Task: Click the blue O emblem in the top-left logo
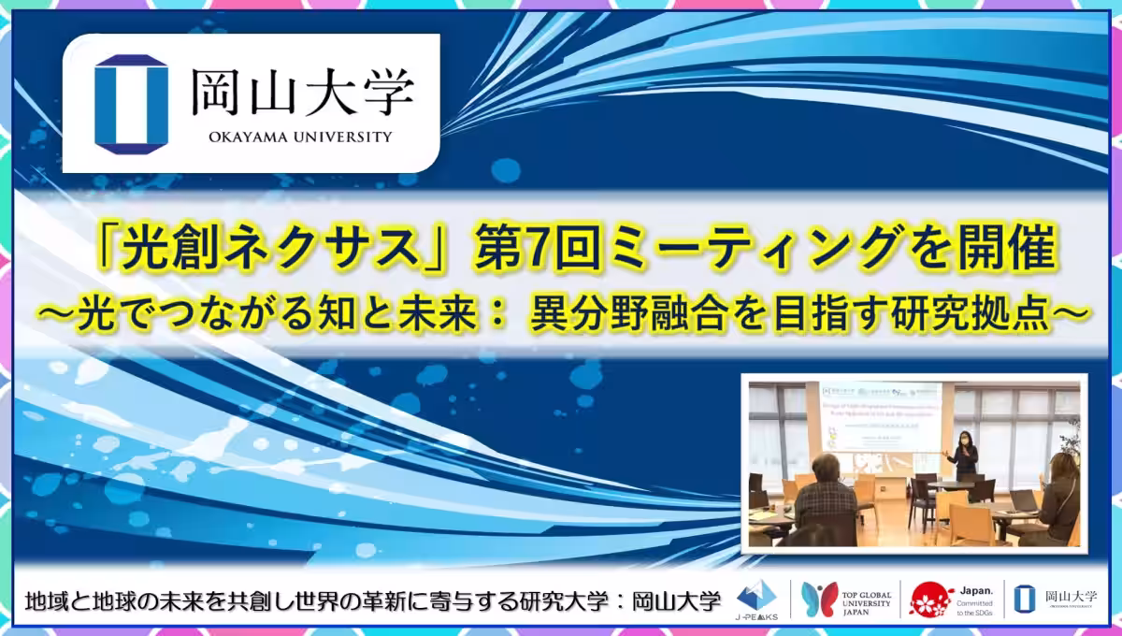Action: click(x=132, y=103)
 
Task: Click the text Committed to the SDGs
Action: click(x=977, y=608)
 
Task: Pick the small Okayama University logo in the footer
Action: click(x=1062, y=600)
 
